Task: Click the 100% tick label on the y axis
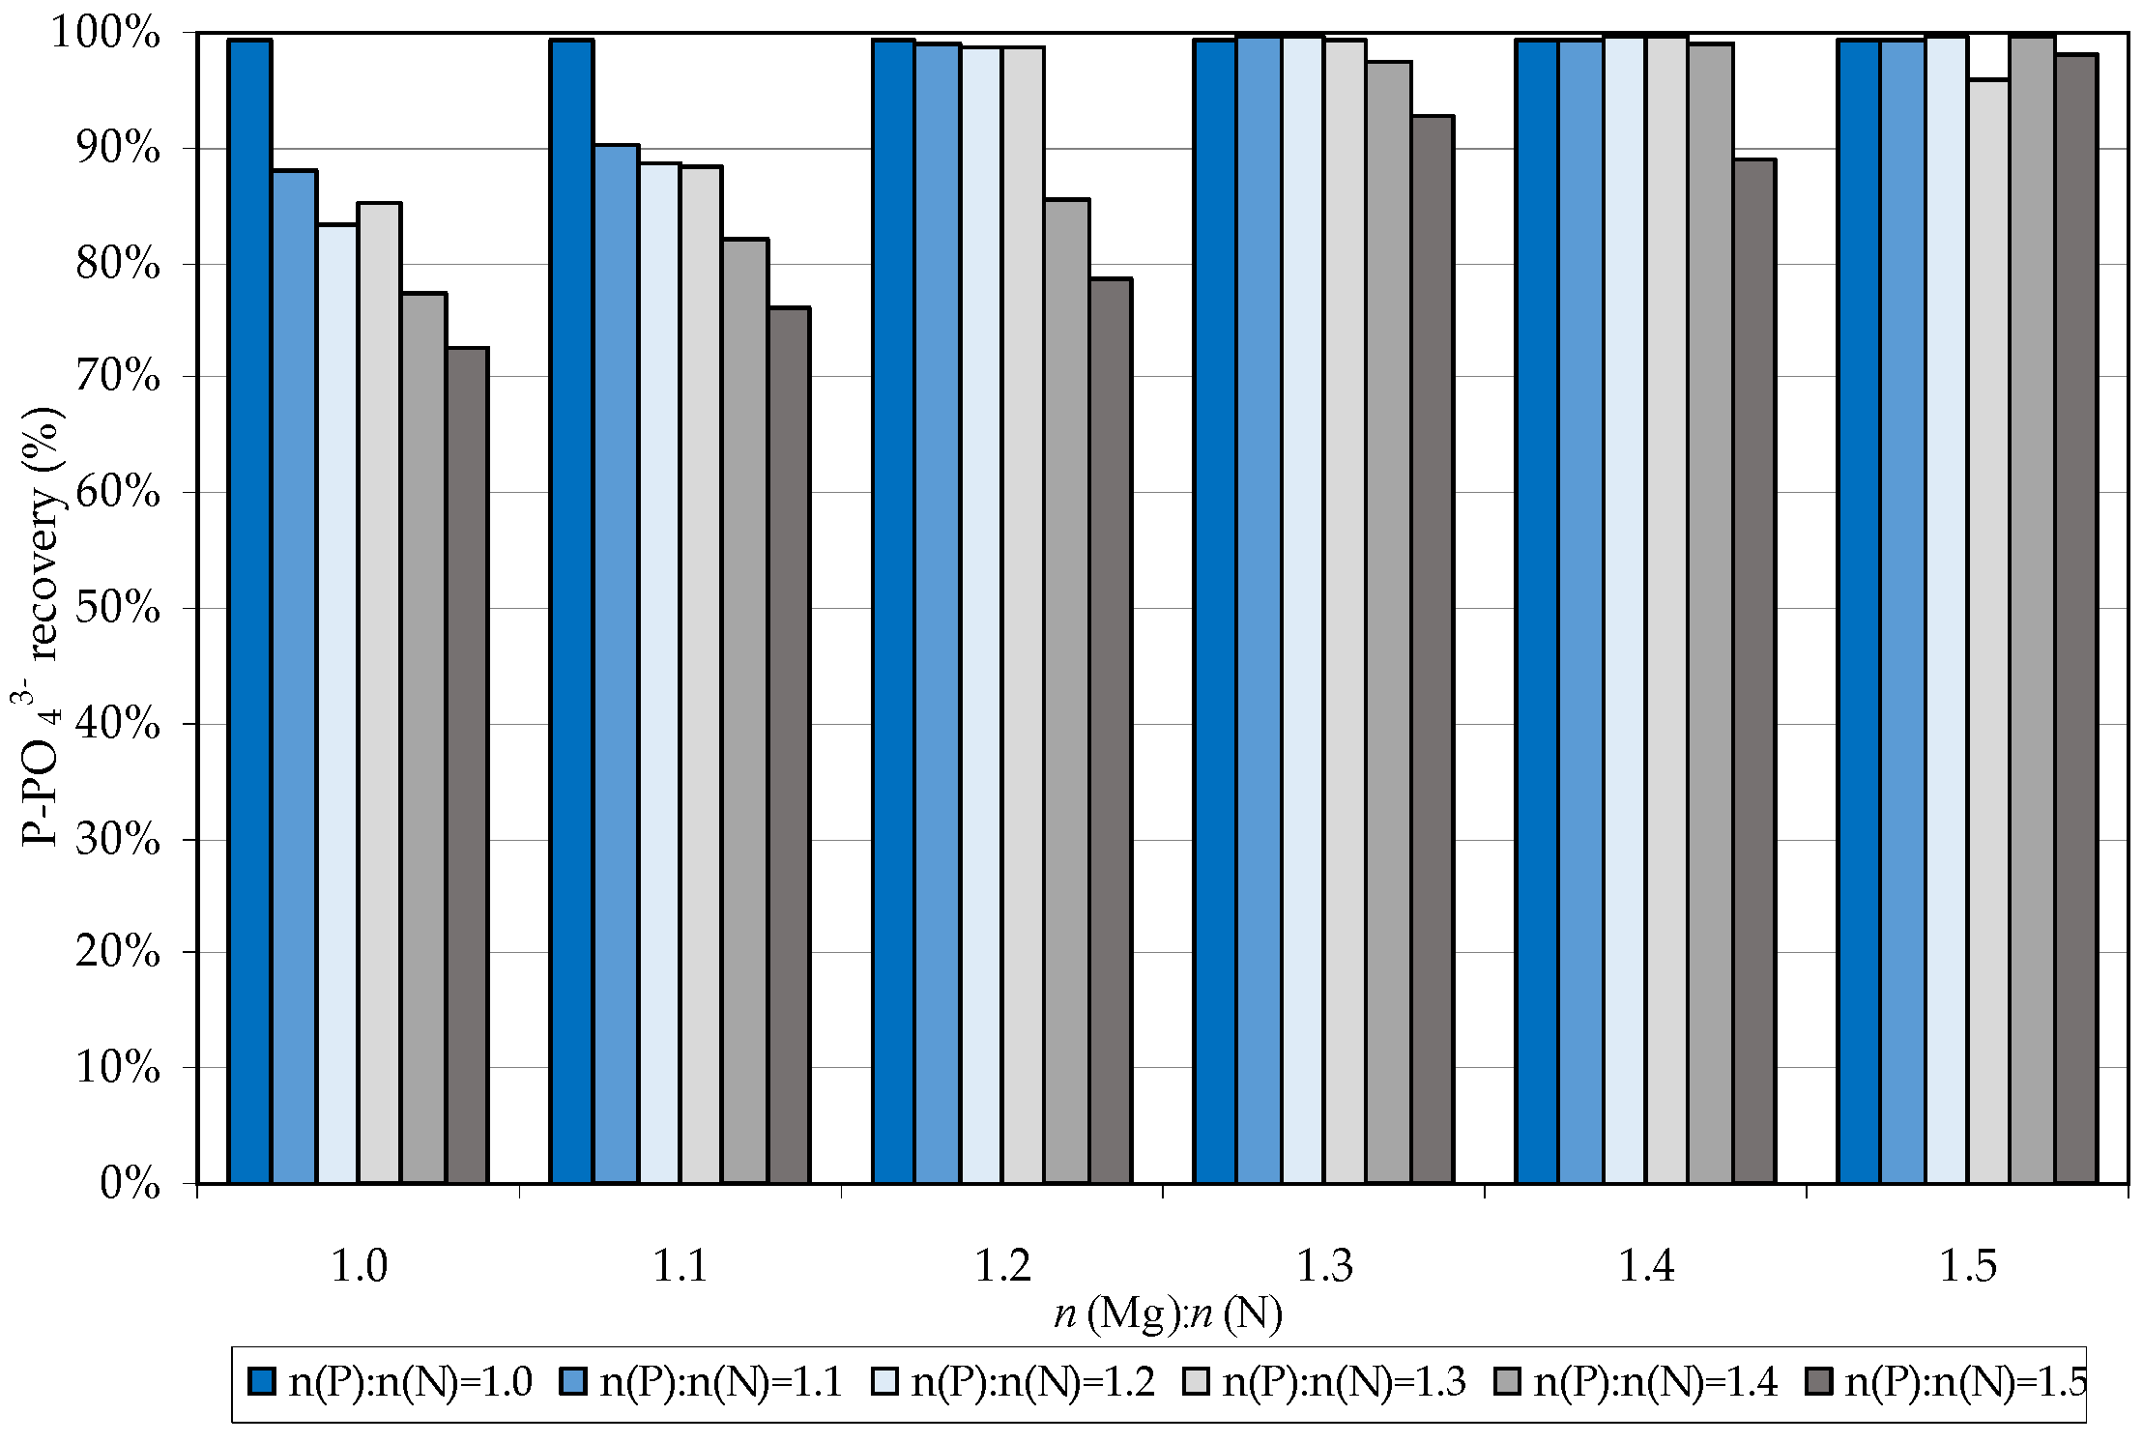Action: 104,34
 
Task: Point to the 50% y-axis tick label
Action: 117,608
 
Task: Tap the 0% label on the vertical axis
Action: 130,1182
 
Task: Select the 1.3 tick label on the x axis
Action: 1323,1265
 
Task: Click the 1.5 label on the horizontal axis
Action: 1967,1265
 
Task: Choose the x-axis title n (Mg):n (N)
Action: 1168,1313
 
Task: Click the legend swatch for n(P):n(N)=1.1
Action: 574,1381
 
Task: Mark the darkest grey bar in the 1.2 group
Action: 1111,731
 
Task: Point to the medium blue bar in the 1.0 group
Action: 295,677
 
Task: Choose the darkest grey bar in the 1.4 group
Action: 1754,671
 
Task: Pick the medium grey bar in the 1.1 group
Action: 745,710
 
